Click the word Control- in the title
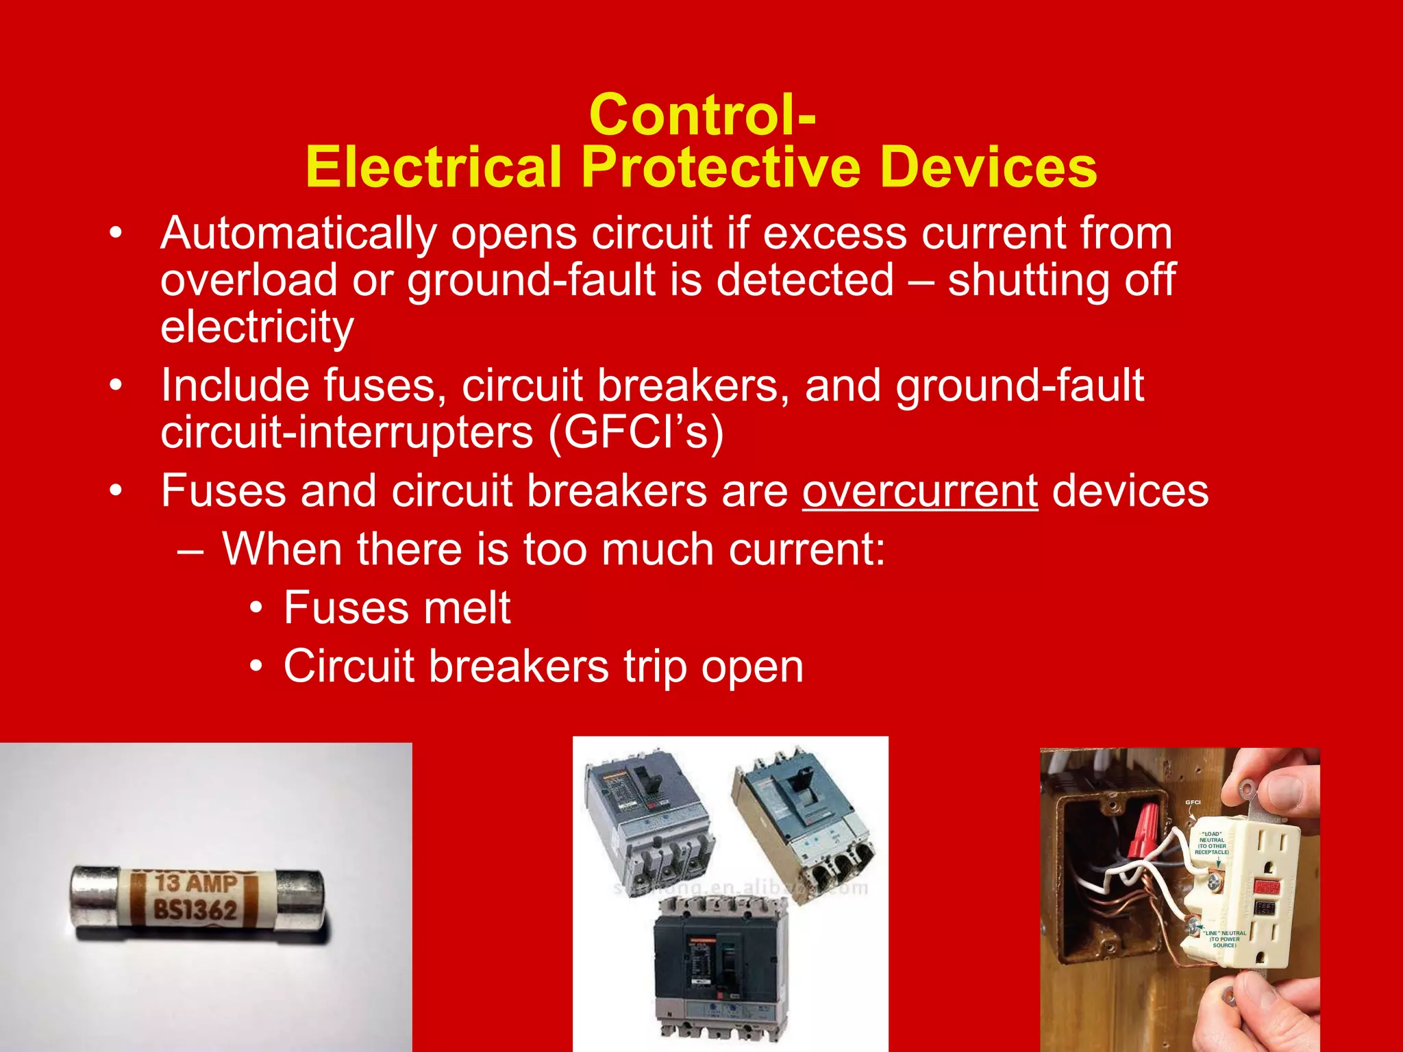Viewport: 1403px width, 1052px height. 702,115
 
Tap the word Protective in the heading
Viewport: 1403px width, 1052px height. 720,168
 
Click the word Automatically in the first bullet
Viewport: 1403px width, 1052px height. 298,234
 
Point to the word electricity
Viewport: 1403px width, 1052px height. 257,327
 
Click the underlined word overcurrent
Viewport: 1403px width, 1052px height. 920,491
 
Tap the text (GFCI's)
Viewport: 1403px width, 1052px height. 635,433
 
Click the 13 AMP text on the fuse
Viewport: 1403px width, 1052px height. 196,884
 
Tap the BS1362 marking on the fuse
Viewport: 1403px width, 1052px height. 195,910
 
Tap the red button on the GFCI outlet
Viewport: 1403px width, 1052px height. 1266,888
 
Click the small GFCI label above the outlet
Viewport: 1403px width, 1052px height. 1193,802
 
